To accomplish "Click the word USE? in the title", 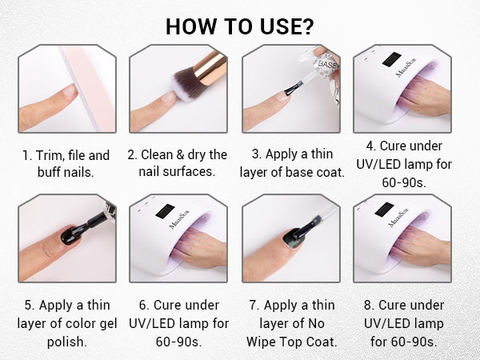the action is (287, 26).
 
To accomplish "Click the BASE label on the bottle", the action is (327, 64).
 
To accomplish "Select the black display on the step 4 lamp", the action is (391, 59).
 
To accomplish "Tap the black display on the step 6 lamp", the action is (165, 211).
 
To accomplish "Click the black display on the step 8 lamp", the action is (384, 210).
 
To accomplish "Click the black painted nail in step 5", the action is (71, 235).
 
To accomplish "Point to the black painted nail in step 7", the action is (294, 238).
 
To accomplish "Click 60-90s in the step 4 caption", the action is (404, 182).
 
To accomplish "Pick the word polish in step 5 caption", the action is (67, 342).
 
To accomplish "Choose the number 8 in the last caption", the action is (367, 306).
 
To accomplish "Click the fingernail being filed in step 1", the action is (70, 91).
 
